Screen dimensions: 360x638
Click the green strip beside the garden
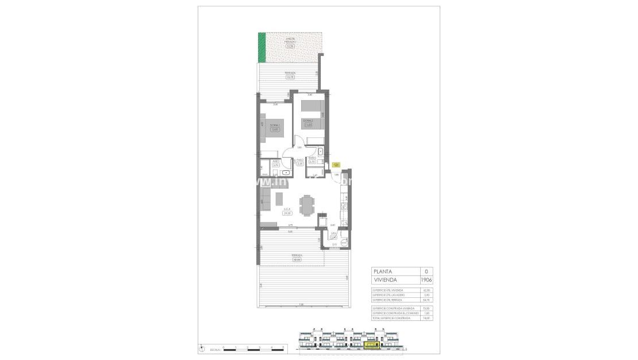click(x=262, y=48)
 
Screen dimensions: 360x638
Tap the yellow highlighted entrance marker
click(x=337, y=164)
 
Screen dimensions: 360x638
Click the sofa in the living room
click(x=267, y=199)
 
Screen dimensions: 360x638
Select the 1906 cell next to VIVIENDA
click(x=426, y=279)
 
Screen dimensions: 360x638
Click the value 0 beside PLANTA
click(x=426, y=271)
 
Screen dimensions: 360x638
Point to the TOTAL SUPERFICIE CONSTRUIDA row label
click(x=391, y=317)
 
